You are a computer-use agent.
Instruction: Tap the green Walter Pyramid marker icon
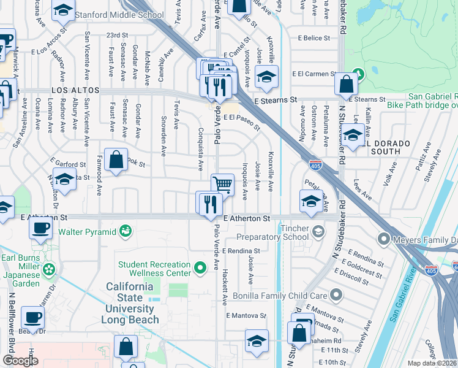[126, 231]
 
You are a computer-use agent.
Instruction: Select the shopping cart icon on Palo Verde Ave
[223, 184]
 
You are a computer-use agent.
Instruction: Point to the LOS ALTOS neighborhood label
[75, 90]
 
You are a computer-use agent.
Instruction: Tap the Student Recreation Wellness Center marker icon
[199, 268]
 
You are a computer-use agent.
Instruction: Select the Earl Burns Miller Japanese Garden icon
[50, 269]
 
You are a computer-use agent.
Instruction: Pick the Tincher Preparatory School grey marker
[318, 231]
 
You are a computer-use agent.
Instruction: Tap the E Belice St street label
[314, 38]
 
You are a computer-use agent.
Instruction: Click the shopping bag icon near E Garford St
[116, 160]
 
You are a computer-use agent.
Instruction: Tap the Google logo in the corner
[20, 361]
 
